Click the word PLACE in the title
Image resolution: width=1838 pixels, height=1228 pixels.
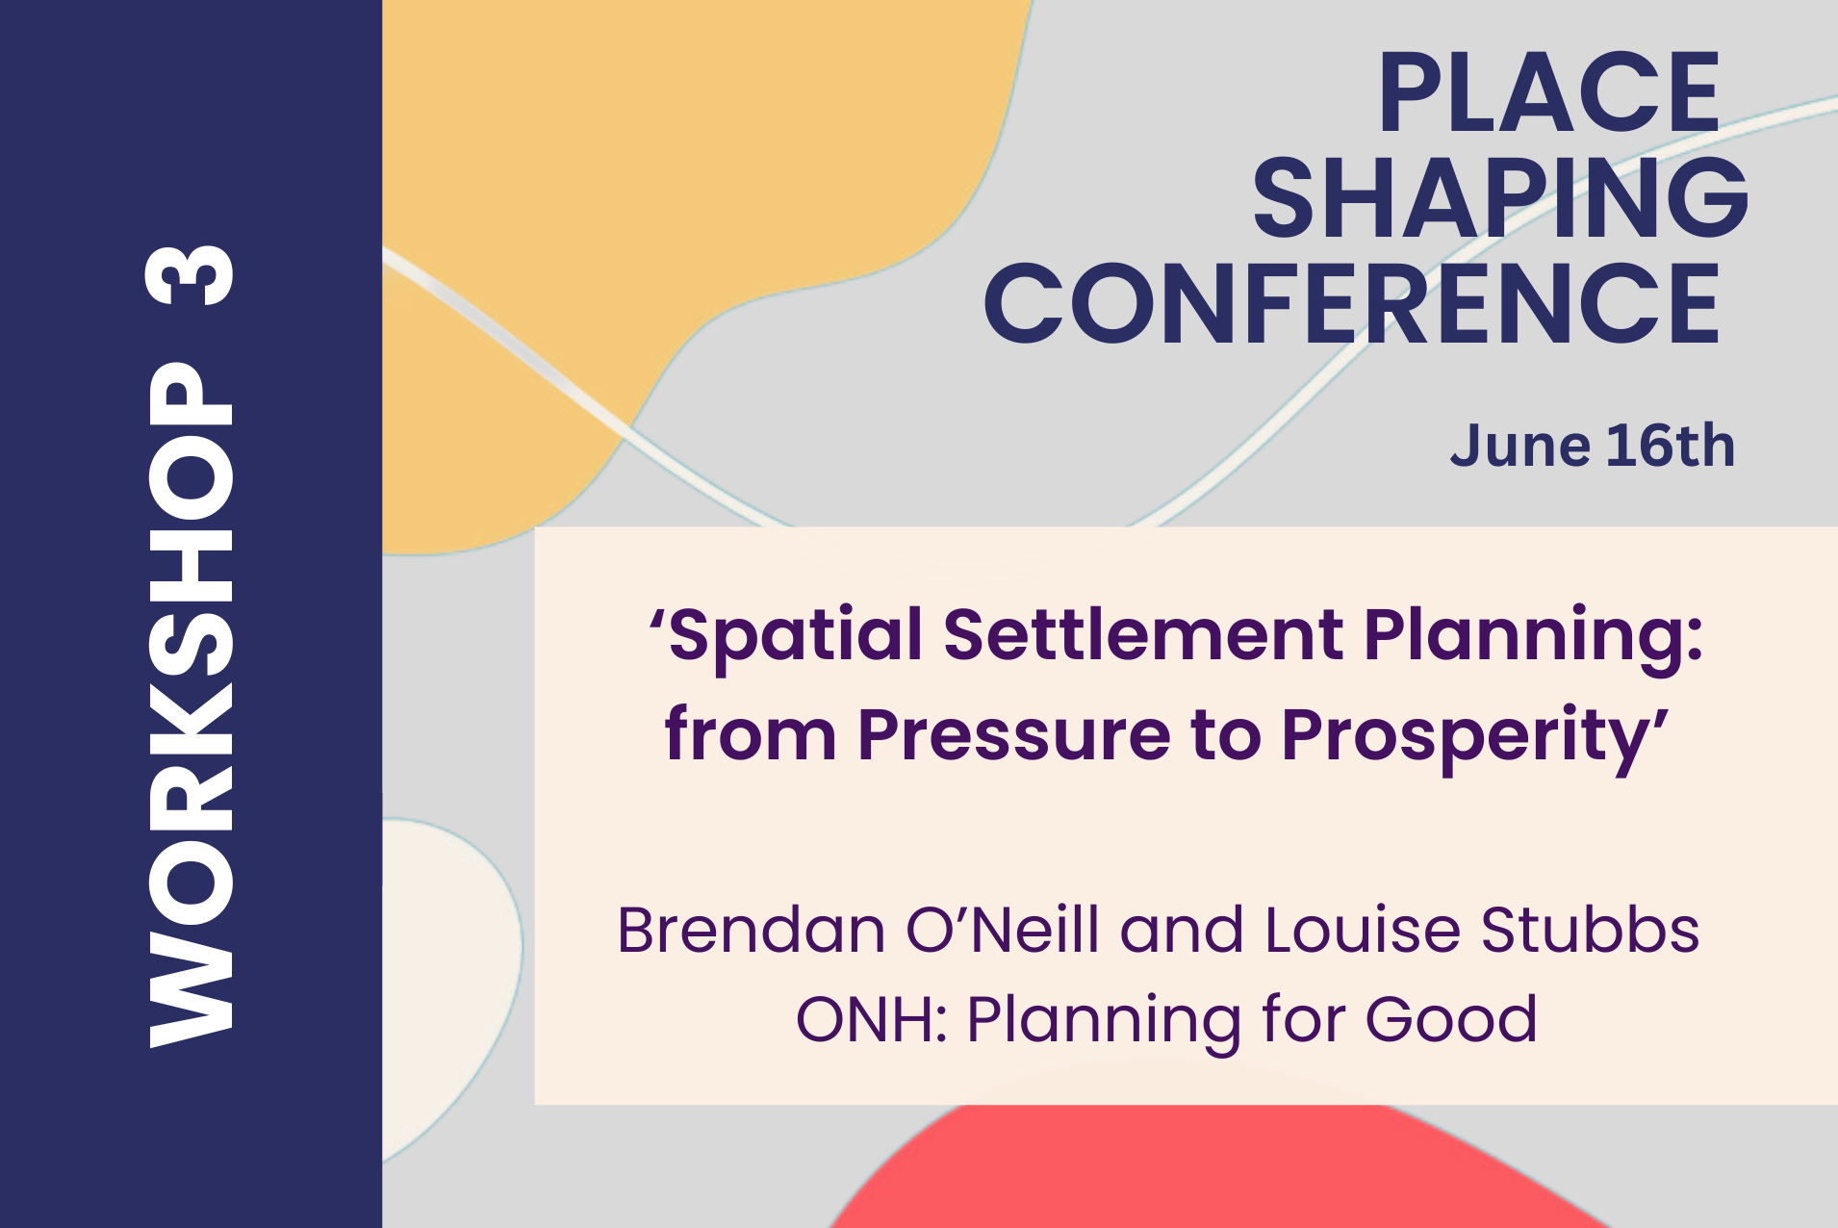tap(1549, 92)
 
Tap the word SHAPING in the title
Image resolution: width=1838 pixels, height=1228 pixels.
tap(1500, 197)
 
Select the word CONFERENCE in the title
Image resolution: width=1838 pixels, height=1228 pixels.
tap(1351, 303)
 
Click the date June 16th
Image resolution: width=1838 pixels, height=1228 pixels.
tap(1593, 446)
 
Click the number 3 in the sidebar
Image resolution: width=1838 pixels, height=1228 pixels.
tap(190, 275)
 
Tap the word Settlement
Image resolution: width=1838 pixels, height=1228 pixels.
tap(1143, 635)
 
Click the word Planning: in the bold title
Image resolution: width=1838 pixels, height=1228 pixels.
tap(1534, 639)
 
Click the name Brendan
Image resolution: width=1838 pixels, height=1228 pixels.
tap(752, 930)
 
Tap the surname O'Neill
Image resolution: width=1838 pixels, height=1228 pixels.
tap(1003, 930)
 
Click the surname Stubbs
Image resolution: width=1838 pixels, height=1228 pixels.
tap(1590, 930)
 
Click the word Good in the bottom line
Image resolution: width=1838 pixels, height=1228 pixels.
tap(1451, 1019)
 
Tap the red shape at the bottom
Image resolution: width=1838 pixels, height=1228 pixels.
tap(1213, 1169)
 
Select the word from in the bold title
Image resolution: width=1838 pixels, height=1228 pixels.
tap(751, 735)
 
